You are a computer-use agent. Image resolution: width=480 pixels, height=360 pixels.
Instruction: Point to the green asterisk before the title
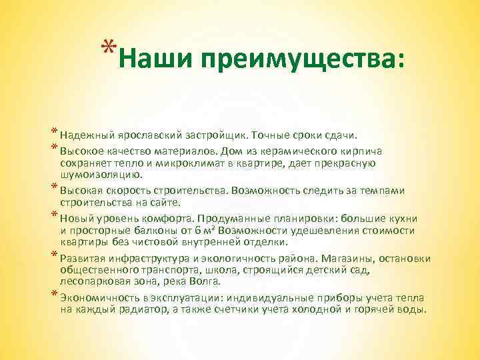pyautogui.click(x=108, y=48)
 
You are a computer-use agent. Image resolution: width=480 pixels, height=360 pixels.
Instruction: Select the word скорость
pyautogui.click(x=123, y=191)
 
